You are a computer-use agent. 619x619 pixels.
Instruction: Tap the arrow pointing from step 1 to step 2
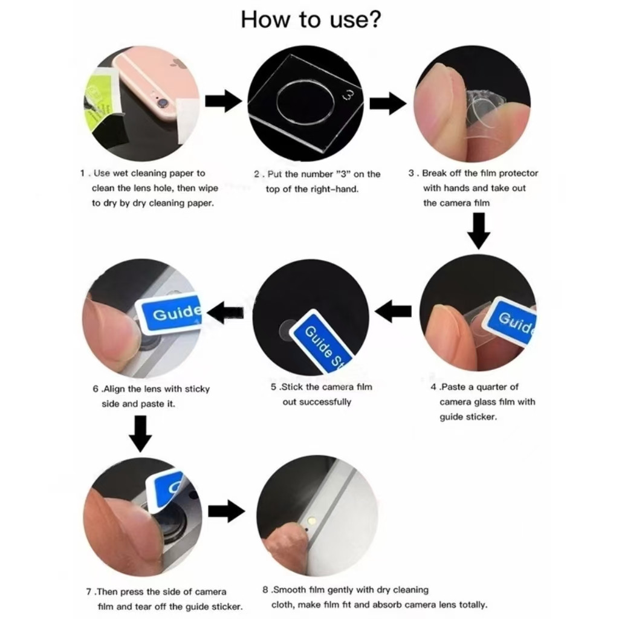tap(224, 101)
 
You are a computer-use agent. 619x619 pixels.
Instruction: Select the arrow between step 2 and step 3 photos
tap(387, 103)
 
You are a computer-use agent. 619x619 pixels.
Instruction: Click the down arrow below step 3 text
tap(479, 231)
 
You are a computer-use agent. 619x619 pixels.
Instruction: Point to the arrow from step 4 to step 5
tap(393, 311)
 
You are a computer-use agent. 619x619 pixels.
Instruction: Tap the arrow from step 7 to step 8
tap(227, 511)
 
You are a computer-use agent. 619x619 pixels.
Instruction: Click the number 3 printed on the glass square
tap(349, 94)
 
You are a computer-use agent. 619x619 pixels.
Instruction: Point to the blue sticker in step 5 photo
tap(323, 342)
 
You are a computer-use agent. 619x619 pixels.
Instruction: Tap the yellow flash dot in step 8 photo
tap(313, 520)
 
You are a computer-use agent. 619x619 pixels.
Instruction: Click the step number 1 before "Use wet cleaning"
tap(82, 173)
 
